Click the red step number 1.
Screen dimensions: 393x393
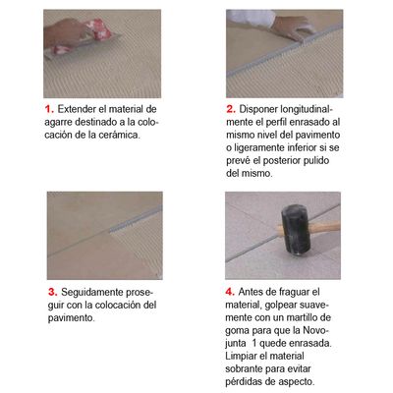[49, 109]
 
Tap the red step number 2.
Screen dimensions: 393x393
[231, 109]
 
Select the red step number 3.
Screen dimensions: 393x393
[53, 292]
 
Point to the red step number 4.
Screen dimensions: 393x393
[230, 292]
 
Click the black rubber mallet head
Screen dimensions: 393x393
[295, 229]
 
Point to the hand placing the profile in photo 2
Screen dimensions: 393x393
[292, 28]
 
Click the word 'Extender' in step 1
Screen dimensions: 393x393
[77, 109]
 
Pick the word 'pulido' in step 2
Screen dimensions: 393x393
[316, 160]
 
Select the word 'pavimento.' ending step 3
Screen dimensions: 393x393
[71, 317]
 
